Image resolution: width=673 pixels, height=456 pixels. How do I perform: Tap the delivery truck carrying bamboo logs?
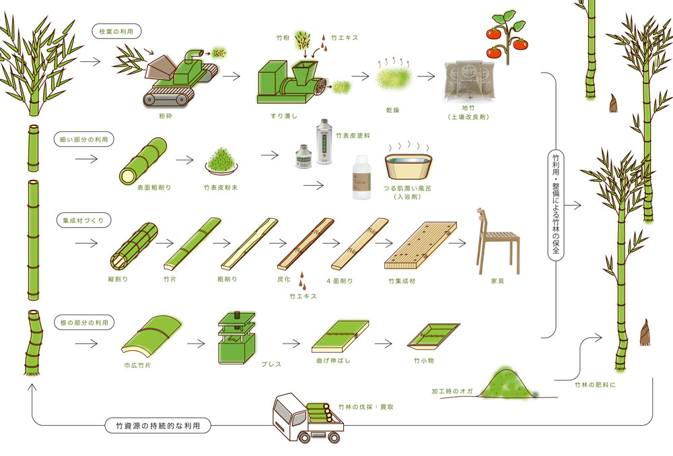coord(308,418)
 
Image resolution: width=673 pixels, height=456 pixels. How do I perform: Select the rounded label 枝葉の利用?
coord(116,32)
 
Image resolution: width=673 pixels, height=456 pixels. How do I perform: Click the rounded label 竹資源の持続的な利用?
coord(158,426)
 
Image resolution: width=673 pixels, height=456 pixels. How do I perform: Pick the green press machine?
coord(236,338)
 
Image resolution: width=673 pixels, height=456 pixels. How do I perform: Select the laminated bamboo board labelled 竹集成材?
coord(420,245)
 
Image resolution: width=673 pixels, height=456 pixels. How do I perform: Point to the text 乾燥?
coord(393,110)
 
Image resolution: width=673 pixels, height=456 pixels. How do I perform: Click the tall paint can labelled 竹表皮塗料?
coord(325,141)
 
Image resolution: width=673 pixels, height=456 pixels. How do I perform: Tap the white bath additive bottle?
coord(361,178)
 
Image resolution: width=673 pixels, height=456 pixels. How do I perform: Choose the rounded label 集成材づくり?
coord(83,220)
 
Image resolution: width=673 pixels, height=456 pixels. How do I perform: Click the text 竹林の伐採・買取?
coord(365,407)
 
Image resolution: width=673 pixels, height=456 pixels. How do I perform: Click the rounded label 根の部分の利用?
coord(84,323)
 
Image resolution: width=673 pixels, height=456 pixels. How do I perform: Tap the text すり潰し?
coord(284,116)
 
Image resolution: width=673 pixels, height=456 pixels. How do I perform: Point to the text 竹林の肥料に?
coord(595,385)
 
